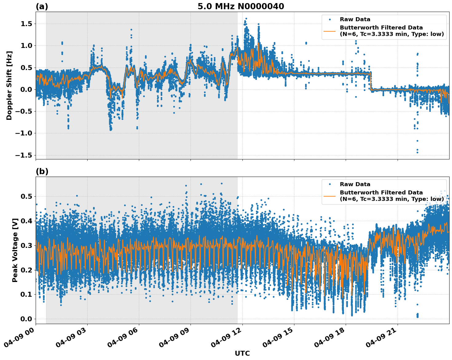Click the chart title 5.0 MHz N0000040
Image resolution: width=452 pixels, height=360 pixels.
click(241, 6)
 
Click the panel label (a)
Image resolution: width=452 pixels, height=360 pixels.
click(42, 6)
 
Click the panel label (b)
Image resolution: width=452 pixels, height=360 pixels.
click(42, 171)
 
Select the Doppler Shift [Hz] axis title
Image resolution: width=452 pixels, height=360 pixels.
click(9, 85)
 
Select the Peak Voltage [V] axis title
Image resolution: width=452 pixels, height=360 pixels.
click(15, 250)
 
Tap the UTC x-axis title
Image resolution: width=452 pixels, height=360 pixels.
click(242, 353)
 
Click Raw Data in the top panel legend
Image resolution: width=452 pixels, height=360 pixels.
click(355, 19)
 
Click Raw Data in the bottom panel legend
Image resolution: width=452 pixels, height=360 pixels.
click(355, 184)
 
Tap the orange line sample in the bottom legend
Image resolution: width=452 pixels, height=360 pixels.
click(330, 196)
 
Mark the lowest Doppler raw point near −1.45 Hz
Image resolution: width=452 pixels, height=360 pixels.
click(417, 152)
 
